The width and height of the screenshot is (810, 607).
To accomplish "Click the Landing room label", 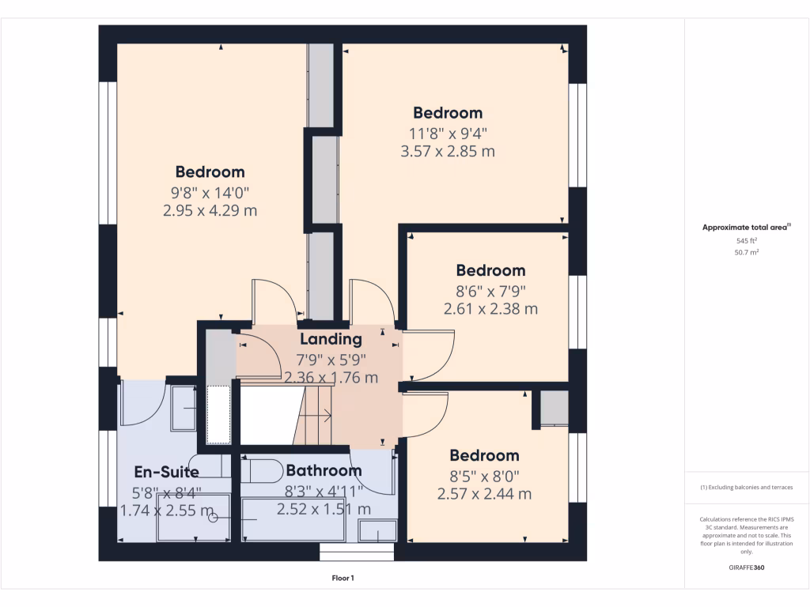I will coord(331,339).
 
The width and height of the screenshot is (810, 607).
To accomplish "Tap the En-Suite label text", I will coord(166,472).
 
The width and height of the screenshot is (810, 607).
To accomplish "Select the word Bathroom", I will coord(324,470).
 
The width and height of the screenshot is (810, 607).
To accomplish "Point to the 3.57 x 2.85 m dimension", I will coord(448,151).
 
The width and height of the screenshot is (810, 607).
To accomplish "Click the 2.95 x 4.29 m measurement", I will coord(210,210).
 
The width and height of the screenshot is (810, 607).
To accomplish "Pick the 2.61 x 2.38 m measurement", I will coord(490,308).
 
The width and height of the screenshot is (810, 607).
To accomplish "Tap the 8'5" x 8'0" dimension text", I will coord(484,476).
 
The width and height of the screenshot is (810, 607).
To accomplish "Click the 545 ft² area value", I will coord(747,240).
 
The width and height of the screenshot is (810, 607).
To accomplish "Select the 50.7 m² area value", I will coord(747,252).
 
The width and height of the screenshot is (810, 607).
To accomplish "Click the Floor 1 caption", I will coord(343,578).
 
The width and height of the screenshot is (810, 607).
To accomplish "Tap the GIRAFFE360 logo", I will coord(747,567).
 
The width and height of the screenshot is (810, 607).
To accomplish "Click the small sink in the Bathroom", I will coord(377,530).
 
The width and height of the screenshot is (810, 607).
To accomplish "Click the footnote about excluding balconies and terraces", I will coord(747,488).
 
